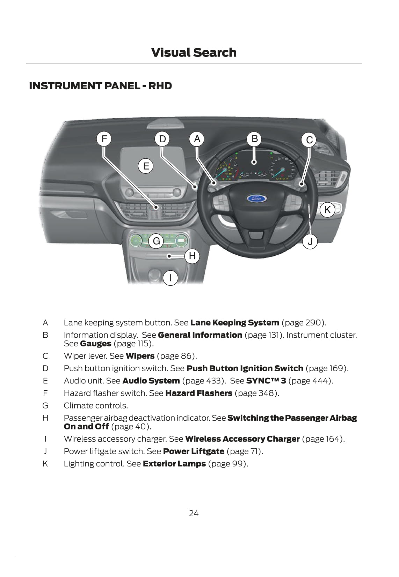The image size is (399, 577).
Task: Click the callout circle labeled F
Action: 104,139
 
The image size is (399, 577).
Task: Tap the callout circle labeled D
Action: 162,139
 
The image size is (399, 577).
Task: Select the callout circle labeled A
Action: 197,139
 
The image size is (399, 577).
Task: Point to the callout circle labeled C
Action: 309,140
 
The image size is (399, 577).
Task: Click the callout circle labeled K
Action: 327,210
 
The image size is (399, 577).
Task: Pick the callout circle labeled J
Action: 310,241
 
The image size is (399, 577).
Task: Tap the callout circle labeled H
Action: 192,256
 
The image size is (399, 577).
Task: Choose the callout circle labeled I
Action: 171,278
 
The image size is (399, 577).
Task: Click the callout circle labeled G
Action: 157,241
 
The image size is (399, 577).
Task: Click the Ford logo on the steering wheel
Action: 257,198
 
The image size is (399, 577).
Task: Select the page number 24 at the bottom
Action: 194,513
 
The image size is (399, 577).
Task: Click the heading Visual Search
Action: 194,52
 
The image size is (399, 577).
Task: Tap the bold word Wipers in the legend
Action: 140,356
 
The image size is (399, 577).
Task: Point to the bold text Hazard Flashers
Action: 198,393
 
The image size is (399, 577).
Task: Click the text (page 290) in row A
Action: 304,322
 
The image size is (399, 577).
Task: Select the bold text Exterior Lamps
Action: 174,464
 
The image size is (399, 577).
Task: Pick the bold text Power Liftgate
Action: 194,451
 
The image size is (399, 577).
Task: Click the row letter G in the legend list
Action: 45,405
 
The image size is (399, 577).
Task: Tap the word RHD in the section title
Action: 160,86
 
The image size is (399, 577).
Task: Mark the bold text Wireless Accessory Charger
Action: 242,439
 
